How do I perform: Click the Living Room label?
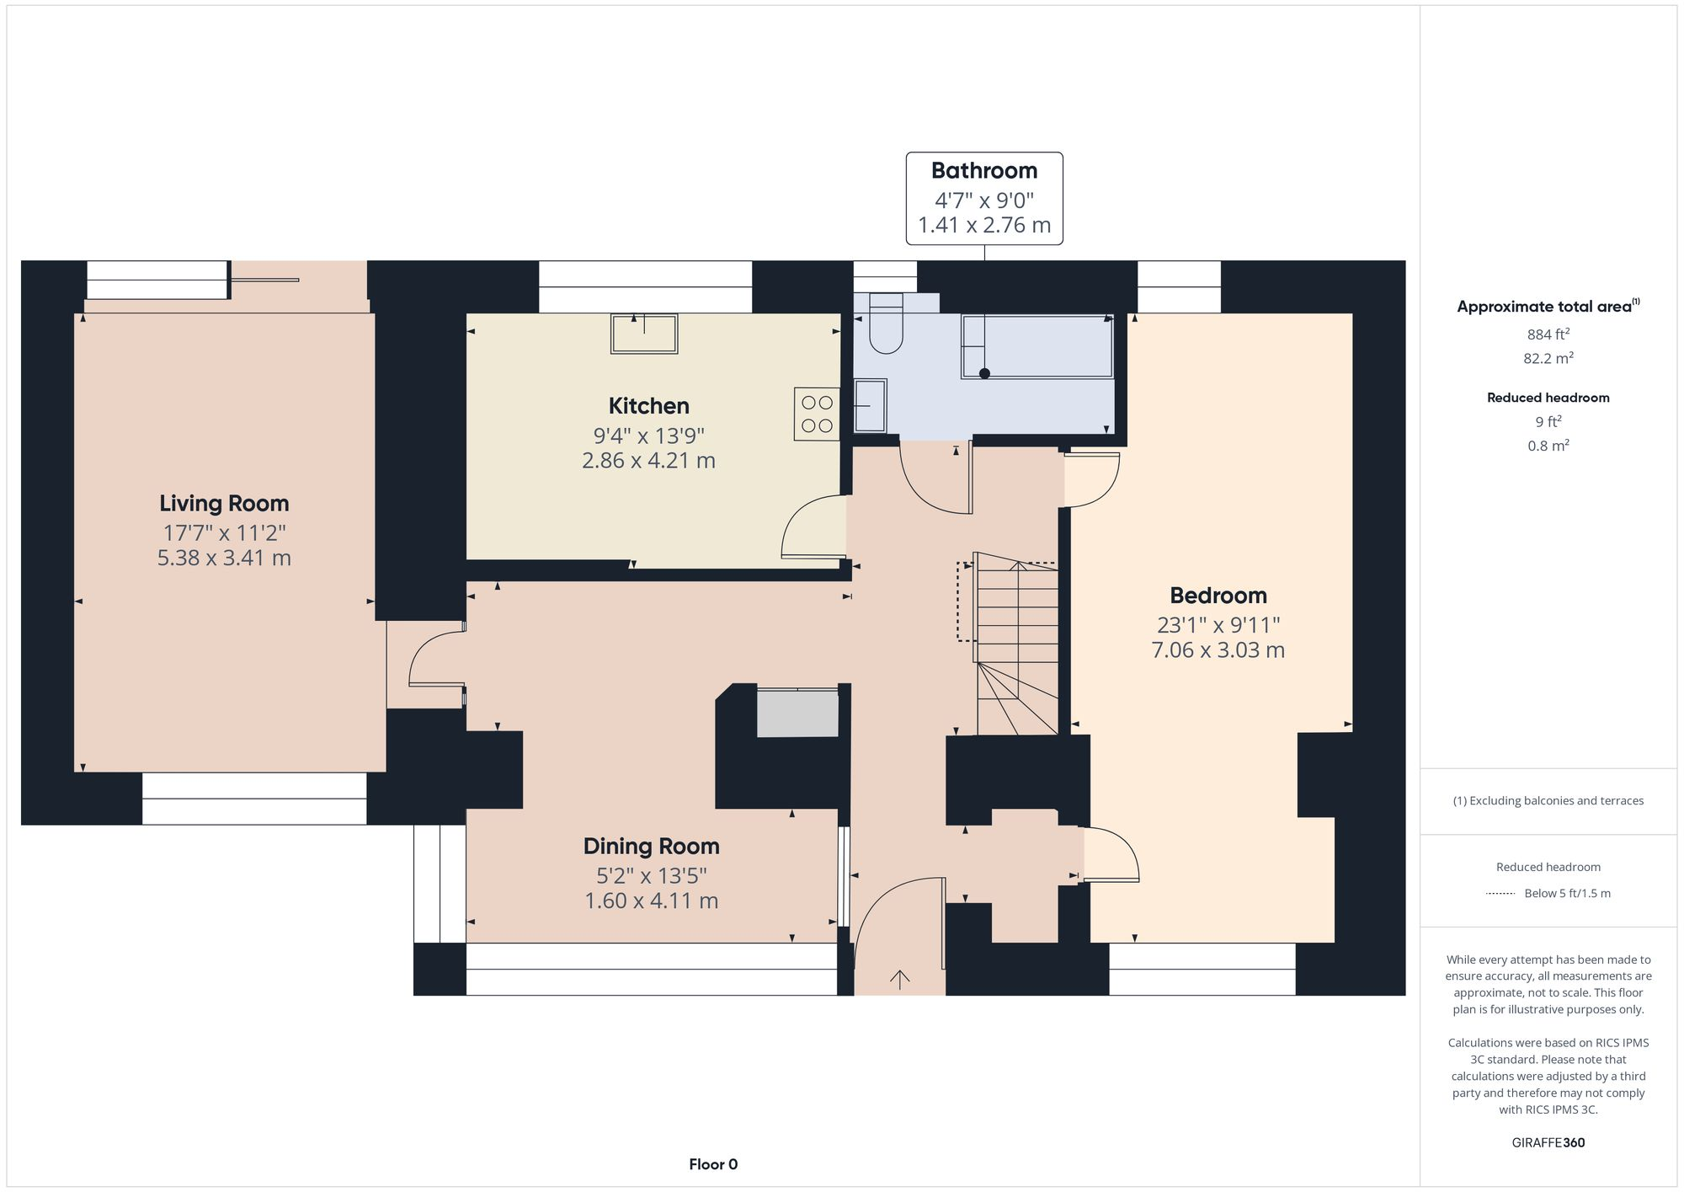pyautogui.click(x=224, y=503)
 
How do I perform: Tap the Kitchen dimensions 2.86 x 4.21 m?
pyautogui.click(x=648, y=461)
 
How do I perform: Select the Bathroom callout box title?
pyautogui.click(x=983, y=171)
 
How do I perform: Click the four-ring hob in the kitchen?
pyautogui.click(x=816, y=414)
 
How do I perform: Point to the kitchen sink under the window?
pyautogui.click(x=644, y=334)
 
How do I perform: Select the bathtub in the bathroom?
pyautogui.click(x=1037, y=346)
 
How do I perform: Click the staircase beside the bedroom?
pyautogui.click(x=1016, y=644)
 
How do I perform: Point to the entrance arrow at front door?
pyautogui.click(x=900, y=979)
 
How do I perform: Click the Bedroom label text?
pyautogui.click(x=1218, y=596)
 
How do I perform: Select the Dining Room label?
pyautogui.click(x=651, y=846)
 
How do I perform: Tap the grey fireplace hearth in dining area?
pyautogui.click(x=797, y=714)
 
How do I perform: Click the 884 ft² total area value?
pyautogui.click(x=1548, y=334)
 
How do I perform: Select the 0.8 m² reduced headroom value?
pyautogui.click(x=1548, y=446)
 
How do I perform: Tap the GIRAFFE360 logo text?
pyautogui.click(x=1548, y=1142)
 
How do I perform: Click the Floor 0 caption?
pyautogui.click(x=713, y=1164)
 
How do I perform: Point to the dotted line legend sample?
pyautogui.click(x=1500, y=893)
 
